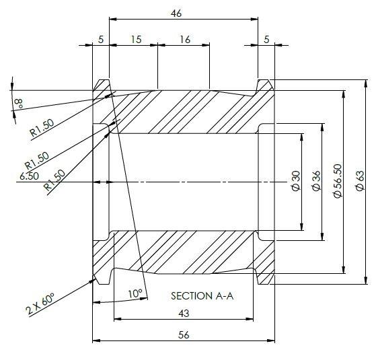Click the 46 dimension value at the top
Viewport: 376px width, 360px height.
coord(176,13)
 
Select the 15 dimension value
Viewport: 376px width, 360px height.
coord(136,40)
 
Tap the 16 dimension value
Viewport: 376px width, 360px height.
coord(185,40)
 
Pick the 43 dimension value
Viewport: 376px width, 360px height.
coord(184,313)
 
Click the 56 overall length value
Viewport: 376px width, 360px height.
coord(184,335)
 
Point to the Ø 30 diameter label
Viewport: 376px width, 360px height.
coord(296,181)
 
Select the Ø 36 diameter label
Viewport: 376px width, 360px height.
coord(316,181)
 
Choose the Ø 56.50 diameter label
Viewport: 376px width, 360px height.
coord(338,181)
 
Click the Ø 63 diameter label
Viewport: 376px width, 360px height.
coord(360,181)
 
